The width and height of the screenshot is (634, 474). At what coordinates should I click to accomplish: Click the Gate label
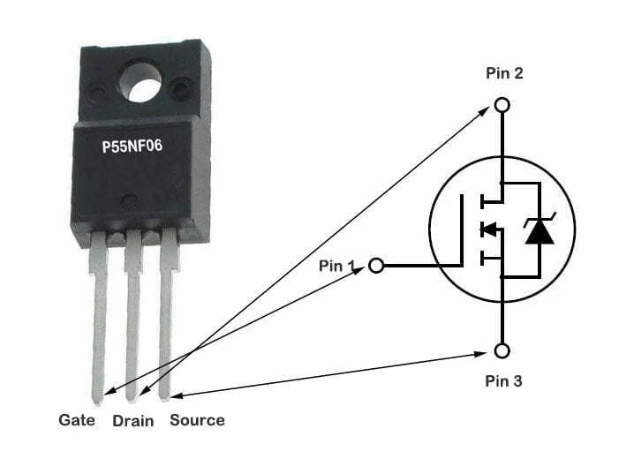click(x=77, y=420)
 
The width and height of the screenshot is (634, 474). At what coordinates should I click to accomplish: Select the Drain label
click(x=133, y=421)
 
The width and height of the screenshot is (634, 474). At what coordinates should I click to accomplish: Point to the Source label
click(x=197, y=420)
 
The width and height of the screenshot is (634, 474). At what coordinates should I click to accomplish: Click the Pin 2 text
click(x=504, y=73)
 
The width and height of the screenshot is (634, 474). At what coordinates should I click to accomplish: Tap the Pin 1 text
click(x=336, y=264)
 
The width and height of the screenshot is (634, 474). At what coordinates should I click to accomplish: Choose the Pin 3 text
click(x=504, y=381)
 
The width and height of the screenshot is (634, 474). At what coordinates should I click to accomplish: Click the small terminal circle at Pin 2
click(x=502, y=105)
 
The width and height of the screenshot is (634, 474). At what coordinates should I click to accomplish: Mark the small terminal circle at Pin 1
click(x=376, y=265)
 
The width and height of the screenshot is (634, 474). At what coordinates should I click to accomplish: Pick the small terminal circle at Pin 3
click(x=502, y=350)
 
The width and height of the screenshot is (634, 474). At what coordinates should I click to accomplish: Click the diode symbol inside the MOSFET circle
click(x=539, y=230)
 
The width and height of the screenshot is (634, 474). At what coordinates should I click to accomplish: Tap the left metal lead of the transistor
click(x=98, y=318)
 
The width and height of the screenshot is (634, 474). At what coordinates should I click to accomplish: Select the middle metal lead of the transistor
click(x=132, y=318)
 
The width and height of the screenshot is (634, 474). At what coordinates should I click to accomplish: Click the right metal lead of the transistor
click(x=165, y=318)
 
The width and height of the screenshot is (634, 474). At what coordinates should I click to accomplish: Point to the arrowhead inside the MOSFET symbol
click(x=485, y=230)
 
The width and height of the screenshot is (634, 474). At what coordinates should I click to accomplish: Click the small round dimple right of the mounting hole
click(x=182, y=87)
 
